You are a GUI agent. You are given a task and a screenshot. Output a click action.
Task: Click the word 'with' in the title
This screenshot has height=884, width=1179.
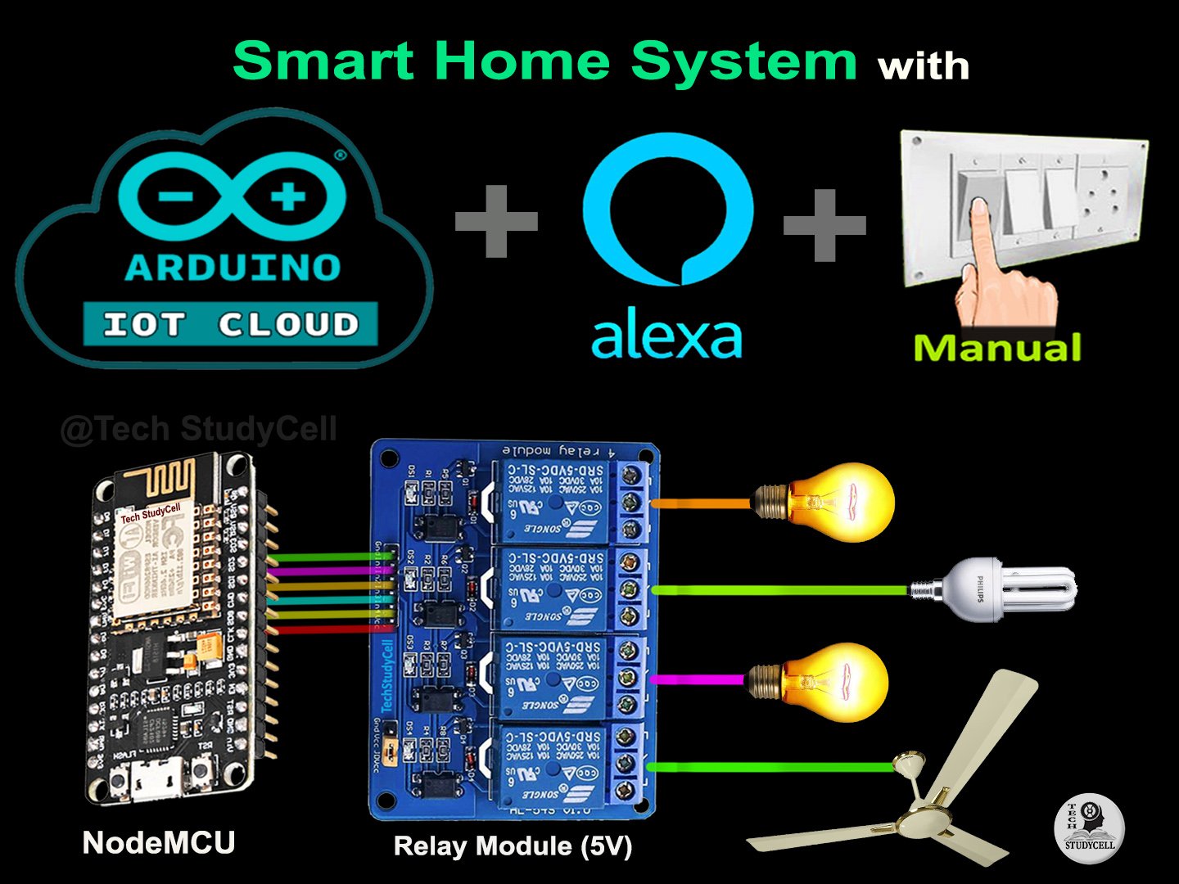(924, 66)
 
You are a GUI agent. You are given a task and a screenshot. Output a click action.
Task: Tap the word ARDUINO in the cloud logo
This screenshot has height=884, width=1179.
(233, 268)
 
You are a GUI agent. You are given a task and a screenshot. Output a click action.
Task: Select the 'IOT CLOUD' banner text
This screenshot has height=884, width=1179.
(230, 325)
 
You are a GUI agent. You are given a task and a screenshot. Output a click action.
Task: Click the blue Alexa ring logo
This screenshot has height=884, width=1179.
(667, 209)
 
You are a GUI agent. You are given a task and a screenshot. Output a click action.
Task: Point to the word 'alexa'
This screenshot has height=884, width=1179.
(666, 336)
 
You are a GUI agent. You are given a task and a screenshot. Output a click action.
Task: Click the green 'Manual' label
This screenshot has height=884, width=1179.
(997, 348)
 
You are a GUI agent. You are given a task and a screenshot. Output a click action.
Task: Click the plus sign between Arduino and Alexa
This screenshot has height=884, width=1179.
(496, 220)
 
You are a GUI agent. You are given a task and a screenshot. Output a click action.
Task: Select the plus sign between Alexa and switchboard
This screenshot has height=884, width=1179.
(824, 225)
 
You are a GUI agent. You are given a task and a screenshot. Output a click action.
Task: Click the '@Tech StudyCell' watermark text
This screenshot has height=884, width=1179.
(198, 429)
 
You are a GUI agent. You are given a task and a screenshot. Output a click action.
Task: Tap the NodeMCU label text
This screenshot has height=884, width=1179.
(159, 842)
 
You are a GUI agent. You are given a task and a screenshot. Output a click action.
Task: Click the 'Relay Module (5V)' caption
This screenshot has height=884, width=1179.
(513, 846)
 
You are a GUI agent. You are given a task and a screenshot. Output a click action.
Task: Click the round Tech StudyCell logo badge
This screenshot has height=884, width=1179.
(1089, 828)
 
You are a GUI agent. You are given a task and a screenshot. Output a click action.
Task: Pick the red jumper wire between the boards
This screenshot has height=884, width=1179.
(332, 629)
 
